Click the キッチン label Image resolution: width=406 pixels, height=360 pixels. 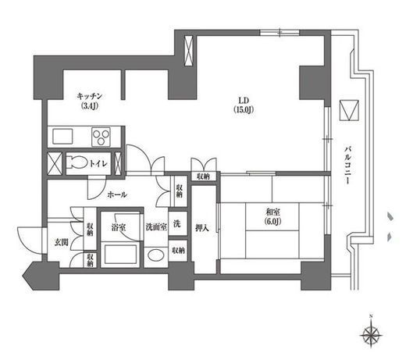(90, 96)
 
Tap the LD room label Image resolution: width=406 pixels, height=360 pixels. (244, 100)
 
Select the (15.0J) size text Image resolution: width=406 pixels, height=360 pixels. (244, 109)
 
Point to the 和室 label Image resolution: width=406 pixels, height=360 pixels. (272, 212)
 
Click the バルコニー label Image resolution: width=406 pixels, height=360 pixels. (347, 166)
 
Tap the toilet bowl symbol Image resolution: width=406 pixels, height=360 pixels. (77, 163)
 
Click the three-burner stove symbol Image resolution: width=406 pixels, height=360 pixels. (101, 137)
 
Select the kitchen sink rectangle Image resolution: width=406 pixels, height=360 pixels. (62, 137)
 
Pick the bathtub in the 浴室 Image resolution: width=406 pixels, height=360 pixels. (120, 254)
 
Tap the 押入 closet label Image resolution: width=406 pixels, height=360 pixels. (202, 228)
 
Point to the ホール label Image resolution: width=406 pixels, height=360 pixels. (117, 194)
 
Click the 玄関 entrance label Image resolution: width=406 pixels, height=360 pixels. (61, 243)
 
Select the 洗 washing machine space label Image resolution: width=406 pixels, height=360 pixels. (177, 223)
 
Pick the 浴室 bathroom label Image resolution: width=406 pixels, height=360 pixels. (119, 228)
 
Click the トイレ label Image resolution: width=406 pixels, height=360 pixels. (98, 164)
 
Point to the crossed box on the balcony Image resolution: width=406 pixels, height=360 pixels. (349, 110)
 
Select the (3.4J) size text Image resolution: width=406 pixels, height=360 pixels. (90, 106)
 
